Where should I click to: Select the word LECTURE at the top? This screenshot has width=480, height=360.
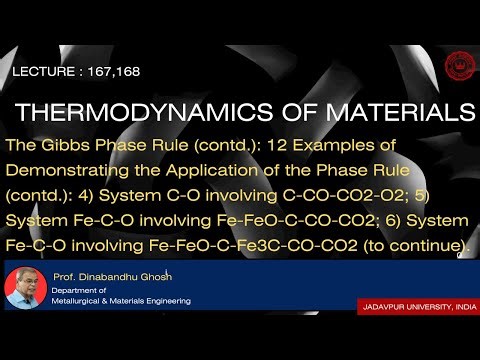[46, 73]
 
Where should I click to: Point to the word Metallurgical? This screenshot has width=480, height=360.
[88, 300]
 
